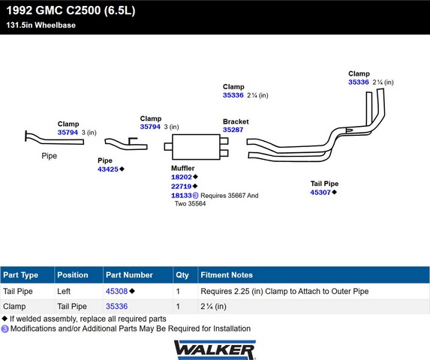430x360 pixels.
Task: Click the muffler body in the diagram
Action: [x=196, y=147]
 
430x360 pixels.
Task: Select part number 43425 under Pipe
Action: [x=108, y=169]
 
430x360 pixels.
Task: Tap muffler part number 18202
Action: [x=182, y=177]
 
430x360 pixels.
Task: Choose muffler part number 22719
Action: [x=182, y=186]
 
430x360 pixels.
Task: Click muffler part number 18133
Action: [x=182, y=195]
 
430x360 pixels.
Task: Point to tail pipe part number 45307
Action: [x=320, y=192]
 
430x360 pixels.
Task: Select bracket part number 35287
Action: [x=233, y=130]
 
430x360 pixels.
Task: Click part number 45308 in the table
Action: [x=117, y=291]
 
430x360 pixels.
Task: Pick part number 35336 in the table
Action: [x=117, y=306]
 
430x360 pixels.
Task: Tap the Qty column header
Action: [x=182, y=274]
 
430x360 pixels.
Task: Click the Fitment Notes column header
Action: [x=227, y=274]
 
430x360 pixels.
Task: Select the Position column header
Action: [x=73, y=274]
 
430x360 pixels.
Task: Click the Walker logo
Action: [x=215, y=349]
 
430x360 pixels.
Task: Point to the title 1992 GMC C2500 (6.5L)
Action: [x=71, y=10]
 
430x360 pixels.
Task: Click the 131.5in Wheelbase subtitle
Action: [x=41, y=25]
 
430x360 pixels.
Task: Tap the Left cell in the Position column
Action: [x=64, y=291]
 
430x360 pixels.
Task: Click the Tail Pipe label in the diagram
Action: [x=324, y=184]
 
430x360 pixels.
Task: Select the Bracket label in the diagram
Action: [x=236, y=121]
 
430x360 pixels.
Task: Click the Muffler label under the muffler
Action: [x=183, y=168]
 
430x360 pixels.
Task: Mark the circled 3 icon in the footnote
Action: [x=5, y=328]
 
